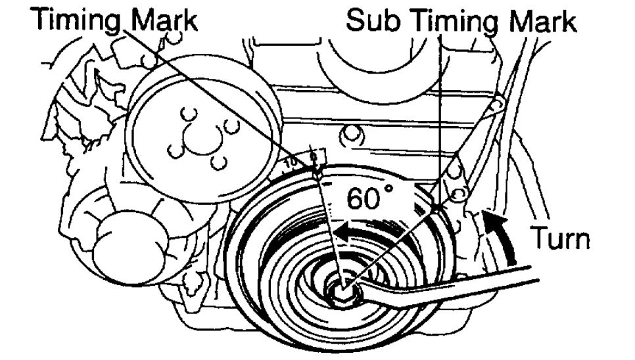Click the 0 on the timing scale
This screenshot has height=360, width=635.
tap(315, 156)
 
